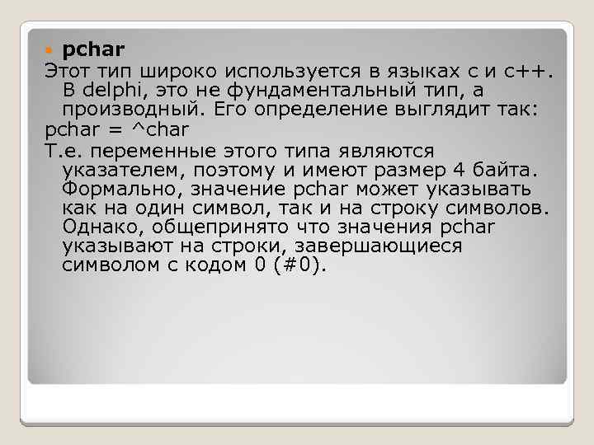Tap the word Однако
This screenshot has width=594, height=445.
[97, 226]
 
